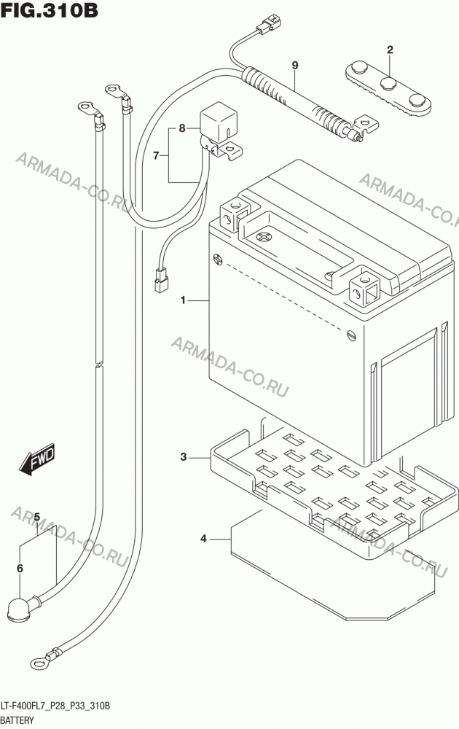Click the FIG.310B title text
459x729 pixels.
click(50, 9)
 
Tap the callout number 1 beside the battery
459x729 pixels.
click(183, 300)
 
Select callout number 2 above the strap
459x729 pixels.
click(390, 50)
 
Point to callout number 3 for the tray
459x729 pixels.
click(184, 457)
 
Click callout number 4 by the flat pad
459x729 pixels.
click(203, 539)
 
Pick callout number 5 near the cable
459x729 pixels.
click(37, 517)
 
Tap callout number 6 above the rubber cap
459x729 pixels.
click(20, 568)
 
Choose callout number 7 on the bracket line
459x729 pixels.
click(156, 155)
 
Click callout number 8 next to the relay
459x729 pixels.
click(182, 128)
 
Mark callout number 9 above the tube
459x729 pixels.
click(294, 66)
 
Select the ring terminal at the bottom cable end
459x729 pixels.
click(39, 662)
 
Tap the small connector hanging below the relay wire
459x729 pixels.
click(161, 281)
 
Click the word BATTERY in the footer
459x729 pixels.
click(17, 721)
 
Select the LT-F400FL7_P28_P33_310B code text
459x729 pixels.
click(56, 706)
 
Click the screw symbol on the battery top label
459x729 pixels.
click(264, 237)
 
